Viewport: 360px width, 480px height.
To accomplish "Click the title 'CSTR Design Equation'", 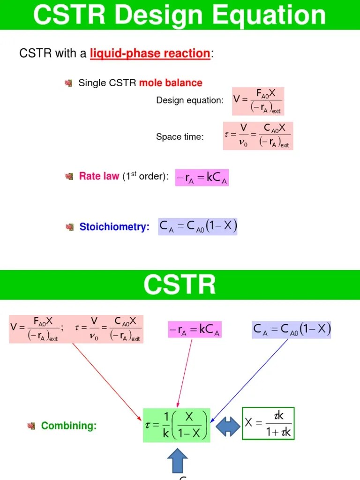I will click(x=180, y=15).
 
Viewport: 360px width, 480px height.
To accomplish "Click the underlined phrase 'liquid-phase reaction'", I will click(x=150, y=53).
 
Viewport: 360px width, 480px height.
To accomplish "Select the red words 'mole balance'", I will click(x=171, y=83).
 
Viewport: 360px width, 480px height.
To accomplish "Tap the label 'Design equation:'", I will click(x=190, y=100).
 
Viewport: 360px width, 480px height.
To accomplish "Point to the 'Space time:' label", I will click(x=180, y=137).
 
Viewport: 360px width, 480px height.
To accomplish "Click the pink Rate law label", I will click(x=99, y=177).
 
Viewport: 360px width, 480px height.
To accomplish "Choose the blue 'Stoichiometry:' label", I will click(x=114, y=227).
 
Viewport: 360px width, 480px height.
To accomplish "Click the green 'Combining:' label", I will click(x=69, y=426).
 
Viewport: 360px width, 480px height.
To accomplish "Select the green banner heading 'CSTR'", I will click(x=180, y=285).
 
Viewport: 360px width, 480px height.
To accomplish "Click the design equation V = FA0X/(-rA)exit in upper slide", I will click(x=258, y=101).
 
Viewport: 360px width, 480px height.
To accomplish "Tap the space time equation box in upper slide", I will click(x=258, y=136).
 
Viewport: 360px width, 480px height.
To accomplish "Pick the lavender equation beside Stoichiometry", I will click(x=198, y=226).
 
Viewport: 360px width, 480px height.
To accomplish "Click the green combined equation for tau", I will click(x=177, y=425).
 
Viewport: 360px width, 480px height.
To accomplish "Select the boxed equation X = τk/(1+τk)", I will click(x=268, y=423).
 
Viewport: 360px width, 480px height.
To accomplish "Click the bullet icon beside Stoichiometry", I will click(x=70, y=227).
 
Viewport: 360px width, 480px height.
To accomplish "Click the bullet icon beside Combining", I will click(x=32, y=426).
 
